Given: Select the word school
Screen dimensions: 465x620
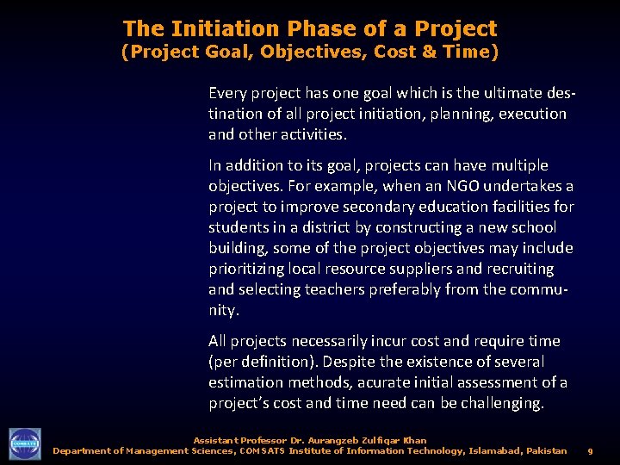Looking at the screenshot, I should coord(533,227).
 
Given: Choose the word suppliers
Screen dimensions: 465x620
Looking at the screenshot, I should coord(418,269).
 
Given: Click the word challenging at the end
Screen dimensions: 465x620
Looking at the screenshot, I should coord(503,403).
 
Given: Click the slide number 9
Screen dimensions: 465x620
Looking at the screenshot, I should coord(590,450).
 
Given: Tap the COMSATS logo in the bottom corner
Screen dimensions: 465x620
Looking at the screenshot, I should coord(25,443).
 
